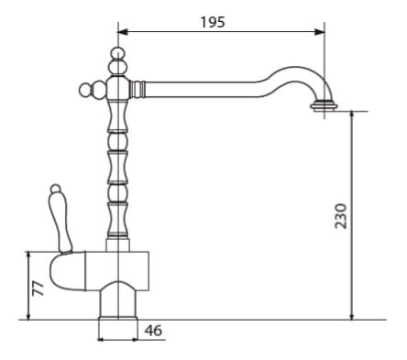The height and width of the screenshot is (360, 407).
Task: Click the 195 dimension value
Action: coord(213,22)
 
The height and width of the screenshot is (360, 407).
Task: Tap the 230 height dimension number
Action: coord(341,216)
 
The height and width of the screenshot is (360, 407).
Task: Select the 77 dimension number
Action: coord(38,289)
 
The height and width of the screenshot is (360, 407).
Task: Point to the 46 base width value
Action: coord(153,331)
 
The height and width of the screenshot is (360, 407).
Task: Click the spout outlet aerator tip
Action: coord(324,105)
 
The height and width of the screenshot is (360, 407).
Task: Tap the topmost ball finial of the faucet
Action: coord(117,53)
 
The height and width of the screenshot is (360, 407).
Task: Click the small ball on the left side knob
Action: coord(85,90)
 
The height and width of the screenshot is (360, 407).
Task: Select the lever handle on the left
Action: coord(60,218)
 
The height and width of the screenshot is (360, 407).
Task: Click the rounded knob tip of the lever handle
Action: coord(56,190)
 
